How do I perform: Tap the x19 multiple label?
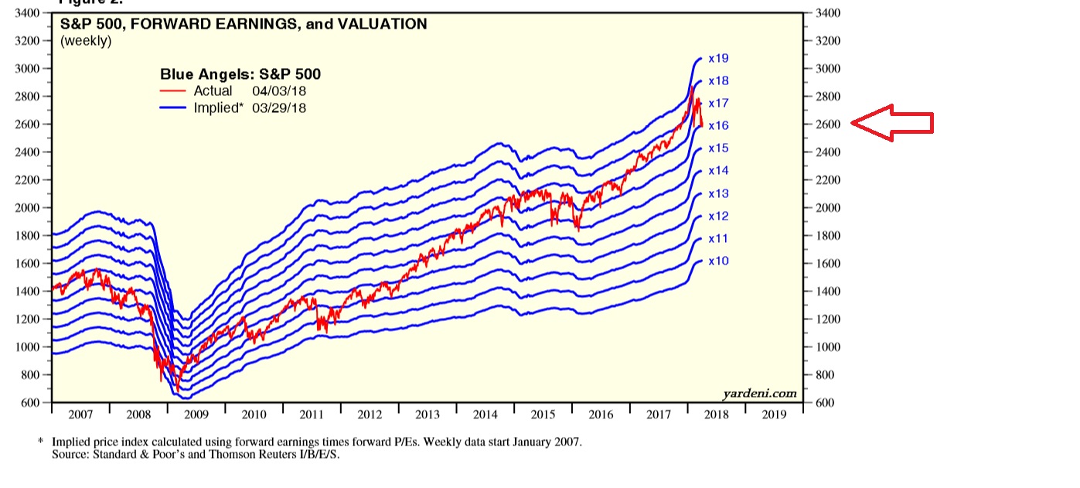pyautogui.click(x=718, y=58)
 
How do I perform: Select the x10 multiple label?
pyautogui.click(x=718, y=261)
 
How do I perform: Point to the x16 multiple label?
pyautogui.click(x=718, y=125)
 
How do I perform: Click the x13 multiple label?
pyautogui.click(x=718, y=193)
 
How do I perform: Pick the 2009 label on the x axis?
pyautogui.click(x=196, y=415)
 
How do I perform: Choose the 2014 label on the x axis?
pyautogui.click(x=485, y=415)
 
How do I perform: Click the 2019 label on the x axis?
pyautogui.click(x=775, y=415)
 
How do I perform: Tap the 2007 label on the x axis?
pyautogui.click(x=80, y=415)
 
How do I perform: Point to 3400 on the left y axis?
pyautogui.click(x=26, y=13)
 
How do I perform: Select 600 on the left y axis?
pyautogui.click(x=29, y=403)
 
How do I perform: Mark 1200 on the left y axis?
pyautogui.click(x=26, y=319)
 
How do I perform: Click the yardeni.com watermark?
pyautogui.click(x=759, y=394)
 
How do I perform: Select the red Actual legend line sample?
pyautogui.click(x=173, y=91)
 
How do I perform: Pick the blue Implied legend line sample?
pyautogui.click(x=173, y=108)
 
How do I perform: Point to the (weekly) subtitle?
pyautogui.click(x=86, y=41)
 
